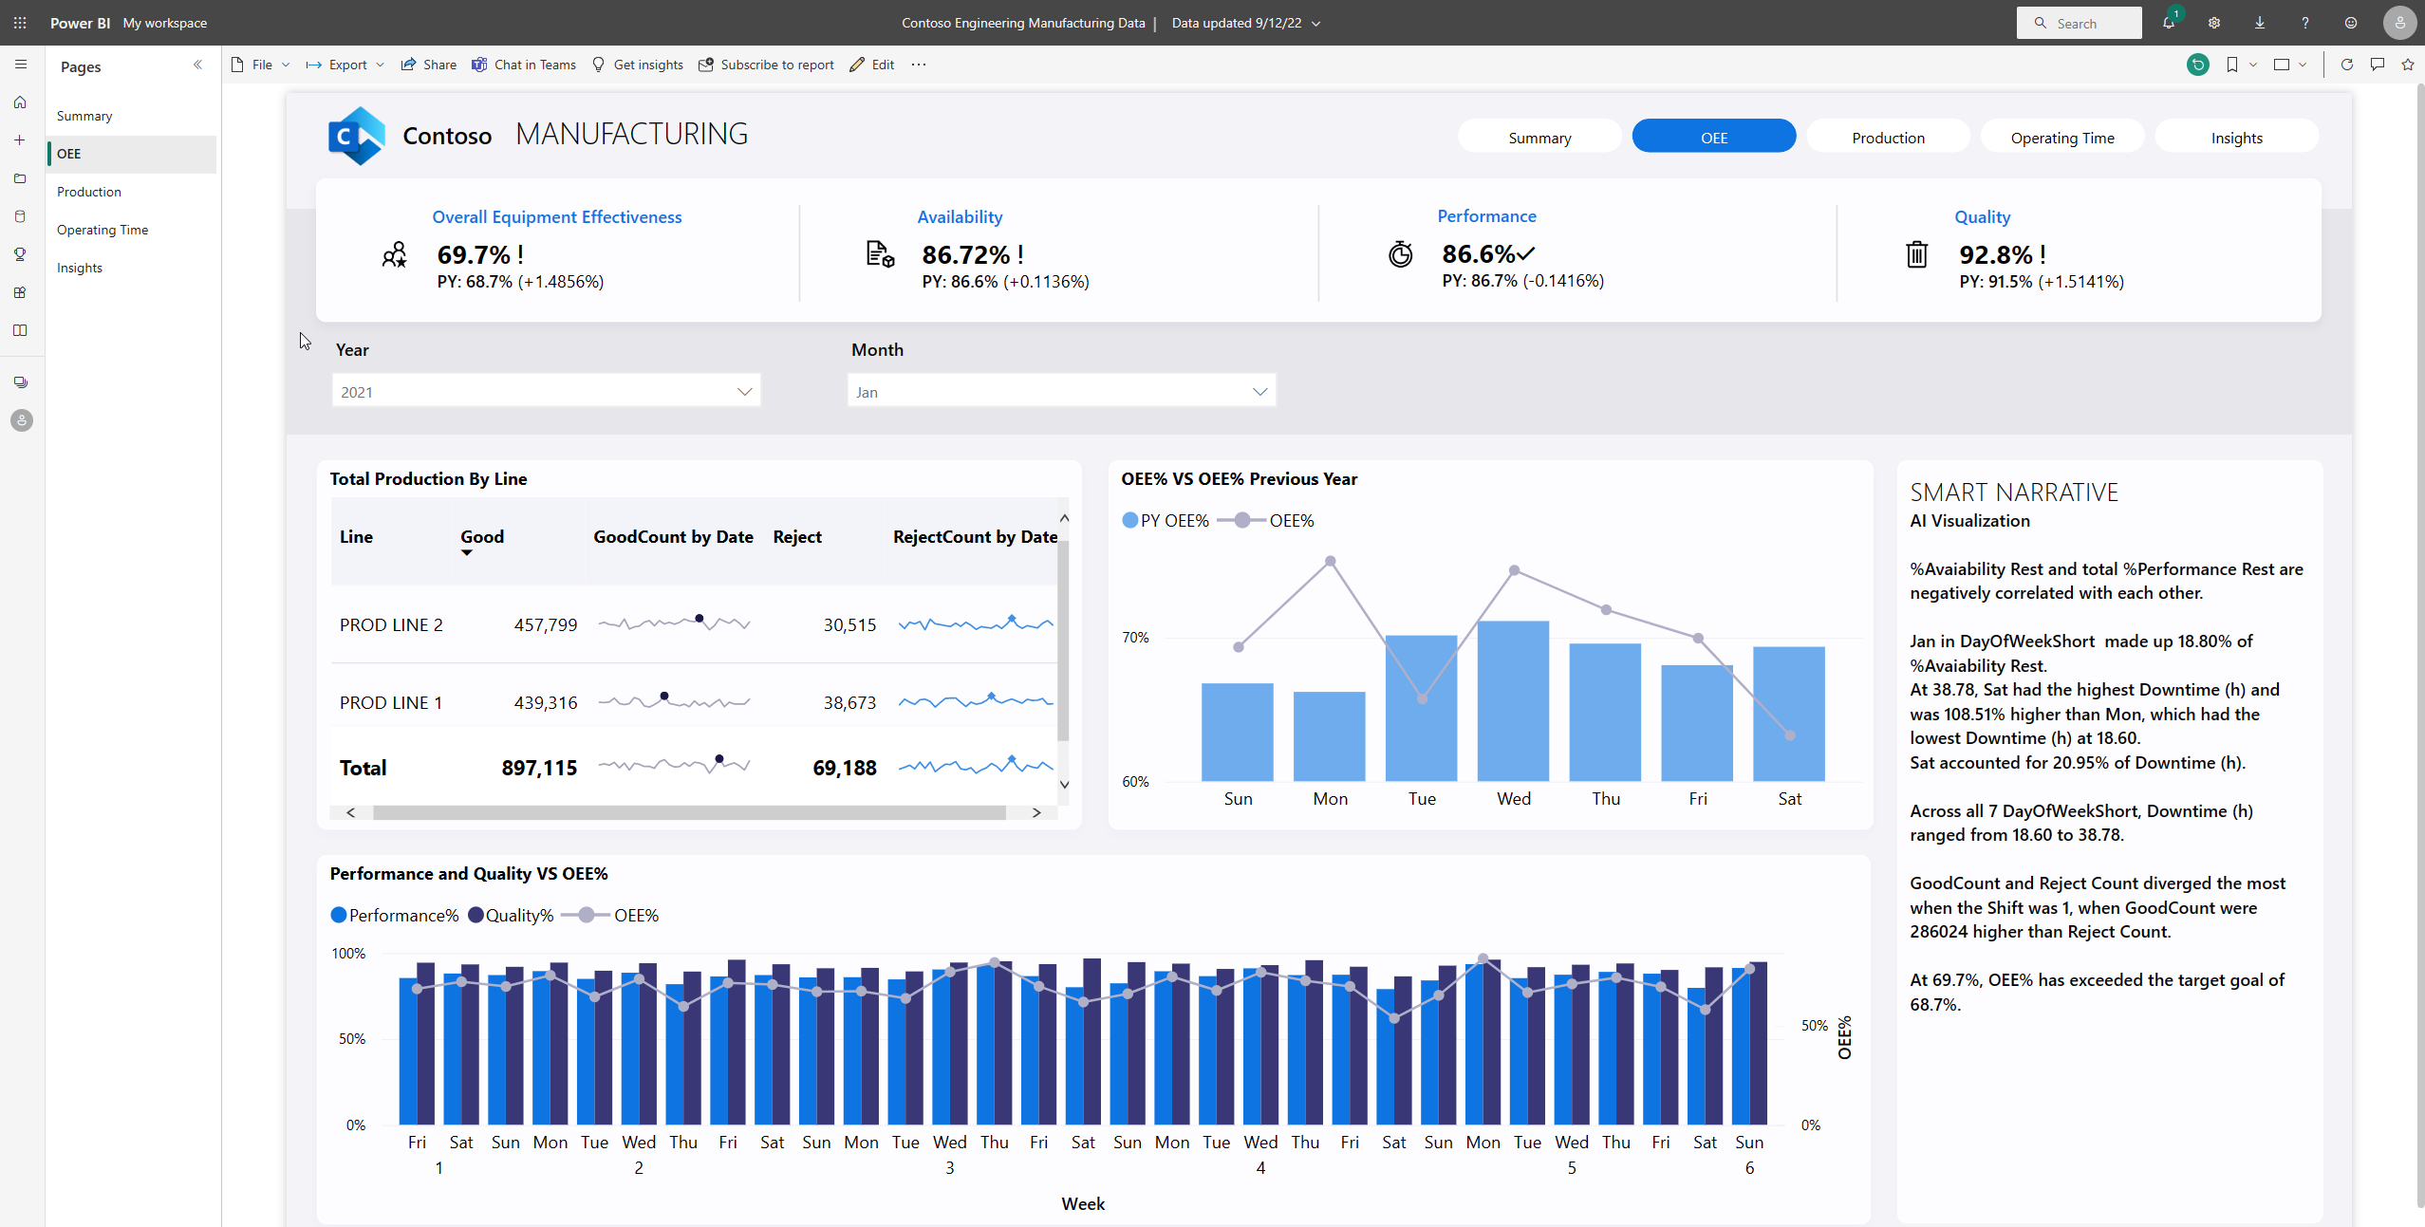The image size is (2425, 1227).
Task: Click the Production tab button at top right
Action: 1887,138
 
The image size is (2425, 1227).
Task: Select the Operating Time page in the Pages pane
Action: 103,230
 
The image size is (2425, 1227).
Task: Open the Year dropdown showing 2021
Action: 546,391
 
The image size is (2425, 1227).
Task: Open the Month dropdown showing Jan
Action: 1060,391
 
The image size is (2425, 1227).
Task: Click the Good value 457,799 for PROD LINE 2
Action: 545,625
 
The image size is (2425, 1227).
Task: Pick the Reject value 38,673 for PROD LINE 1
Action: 849,703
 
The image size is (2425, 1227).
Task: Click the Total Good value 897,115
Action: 538,768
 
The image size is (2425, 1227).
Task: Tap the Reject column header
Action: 796,537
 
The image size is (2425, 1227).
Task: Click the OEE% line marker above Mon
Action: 1330,562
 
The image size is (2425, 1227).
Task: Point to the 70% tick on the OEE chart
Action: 1135,638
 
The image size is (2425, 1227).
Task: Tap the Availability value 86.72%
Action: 965,255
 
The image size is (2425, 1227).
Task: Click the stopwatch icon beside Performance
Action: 1400,254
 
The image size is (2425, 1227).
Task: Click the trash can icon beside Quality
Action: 1916,254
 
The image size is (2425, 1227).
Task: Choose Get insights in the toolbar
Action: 638,65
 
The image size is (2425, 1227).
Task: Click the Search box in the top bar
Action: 2079,23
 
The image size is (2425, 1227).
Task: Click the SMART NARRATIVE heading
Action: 2013,493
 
